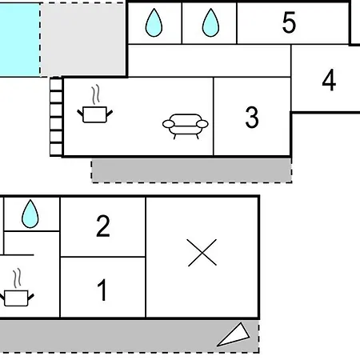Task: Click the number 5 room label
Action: pos(289,22)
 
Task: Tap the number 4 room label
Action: pos(329,80)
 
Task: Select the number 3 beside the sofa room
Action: pos(252,117)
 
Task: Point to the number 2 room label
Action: pos(103,226)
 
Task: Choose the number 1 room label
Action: pos(102,290)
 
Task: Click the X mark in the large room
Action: pos(202,253)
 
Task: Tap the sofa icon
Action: pos(186,126)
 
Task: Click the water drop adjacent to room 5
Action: pos(210,22)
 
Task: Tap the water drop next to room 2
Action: pos(30,214)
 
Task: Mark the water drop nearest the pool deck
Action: pos(154,22)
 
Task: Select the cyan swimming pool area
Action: pos(20,40)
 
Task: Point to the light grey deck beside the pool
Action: pos(83,39)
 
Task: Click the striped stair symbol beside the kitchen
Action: pos(56,116)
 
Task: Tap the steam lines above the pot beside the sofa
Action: pos(96,94)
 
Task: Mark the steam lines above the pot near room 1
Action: pos(18,278)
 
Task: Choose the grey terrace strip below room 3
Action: pos(191,170)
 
